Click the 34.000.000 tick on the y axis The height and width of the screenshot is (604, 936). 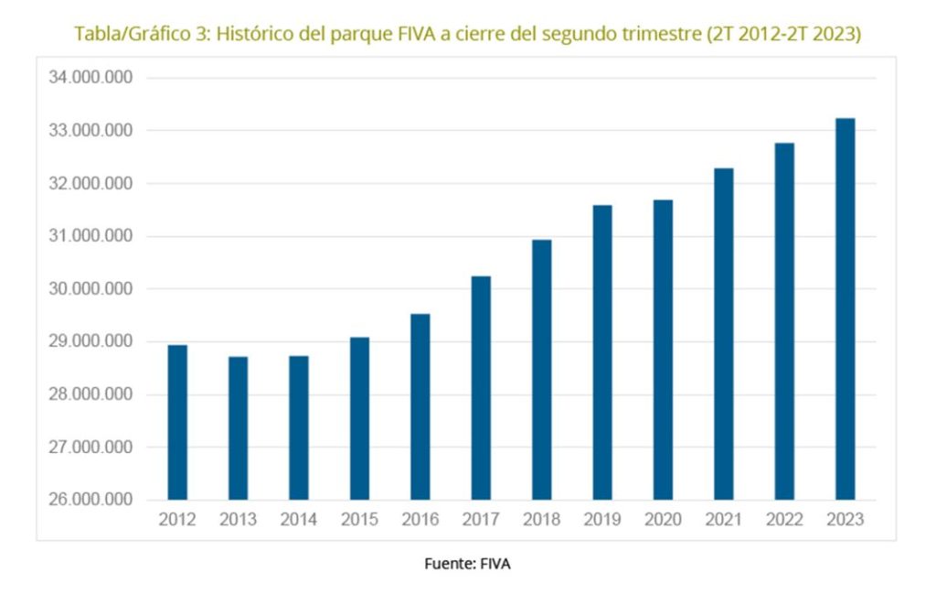click(90, 78)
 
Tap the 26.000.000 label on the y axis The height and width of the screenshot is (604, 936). click(90, 501)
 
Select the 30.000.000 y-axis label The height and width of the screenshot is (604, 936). click(90, 289)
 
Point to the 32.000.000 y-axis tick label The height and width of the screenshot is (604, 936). click(90, 184)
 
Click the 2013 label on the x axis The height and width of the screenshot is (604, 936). click(238, 520)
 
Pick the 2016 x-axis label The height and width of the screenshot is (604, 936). click(420, 520)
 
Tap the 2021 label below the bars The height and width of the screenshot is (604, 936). click(724, 520)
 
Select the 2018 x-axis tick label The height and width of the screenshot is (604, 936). click(542, 520)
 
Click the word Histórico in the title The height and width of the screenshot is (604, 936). click(274, 34)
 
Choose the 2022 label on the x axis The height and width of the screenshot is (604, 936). click(784, 520)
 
